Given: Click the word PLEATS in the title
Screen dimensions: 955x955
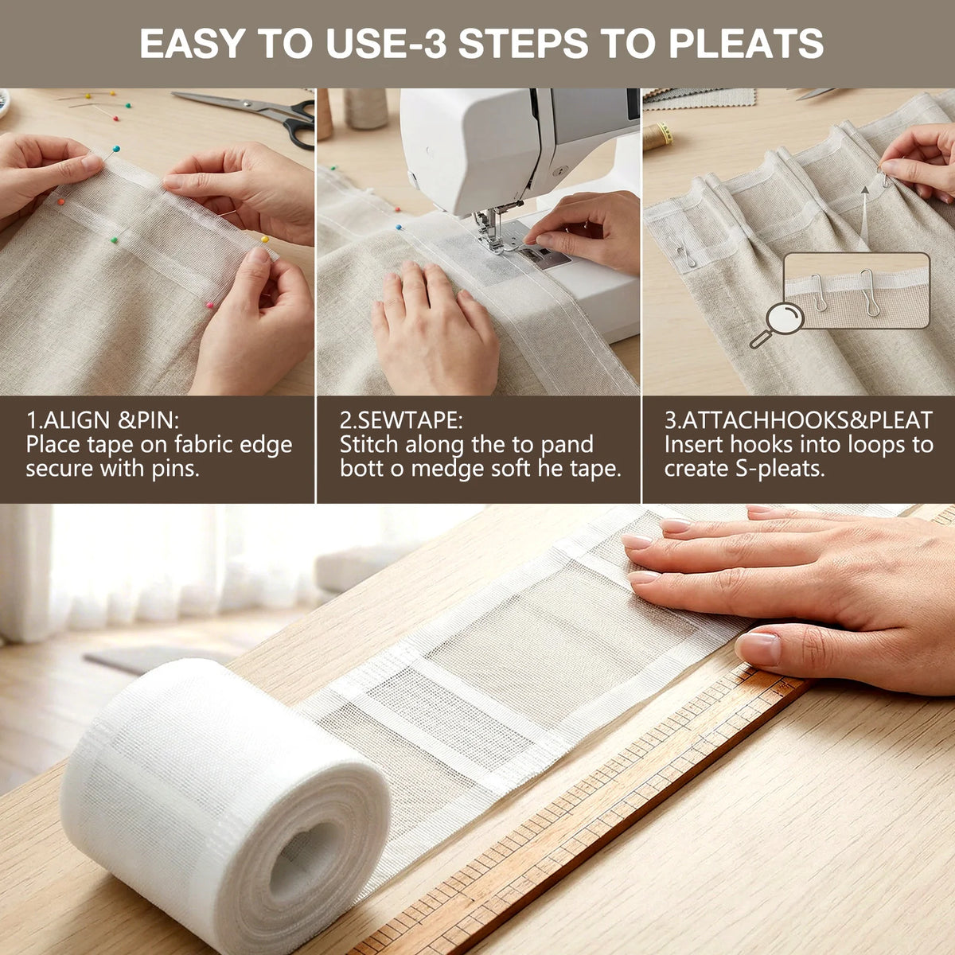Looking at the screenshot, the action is point(746,44).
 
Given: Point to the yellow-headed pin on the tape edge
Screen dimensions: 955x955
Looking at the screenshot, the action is point(265,240).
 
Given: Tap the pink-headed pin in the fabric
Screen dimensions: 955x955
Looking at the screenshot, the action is point(209,306).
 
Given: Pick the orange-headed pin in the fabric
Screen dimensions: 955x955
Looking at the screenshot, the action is point(61,201).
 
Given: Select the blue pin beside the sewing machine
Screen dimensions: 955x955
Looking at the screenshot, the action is point(399,228).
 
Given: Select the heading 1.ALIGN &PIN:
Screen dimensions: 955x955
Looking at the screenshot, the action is point(103,420).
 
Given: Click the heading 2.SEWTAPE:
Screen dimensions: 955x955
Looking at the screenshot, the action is point(401,420).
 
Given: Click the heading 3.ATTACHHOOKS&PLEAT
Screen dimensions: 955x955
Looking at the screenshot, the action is point(798,420).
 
